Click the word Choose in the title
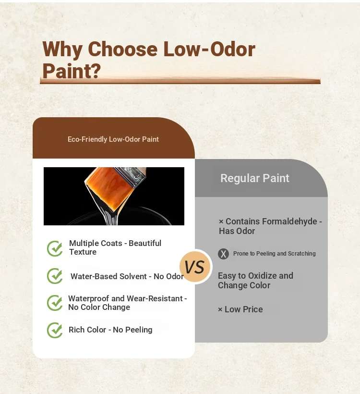pos(122,49)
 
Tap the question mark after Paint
pos(96,71)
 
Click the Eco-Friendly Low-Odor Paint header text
pos(113,139)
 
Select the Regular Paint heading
pos(255,178)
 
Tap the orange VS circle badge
pos(196,267)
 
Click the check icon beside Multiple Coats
pos(55,248)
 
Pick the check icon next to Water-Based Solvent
pos(55,276)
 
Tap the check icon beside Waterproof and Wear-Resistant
pos(55,303)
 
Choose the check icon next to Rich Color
pos(55,330)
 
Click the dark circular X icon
pos(223,254)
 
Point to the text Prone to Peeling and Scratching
pos(275,254)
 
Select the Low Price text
pos(243,309)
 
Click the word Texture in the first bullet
pos(83,252)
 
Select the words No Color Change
pos(99,307)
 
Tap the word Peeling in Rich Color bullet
pos(139,330)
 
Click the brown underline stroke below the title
pos(180,81)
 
